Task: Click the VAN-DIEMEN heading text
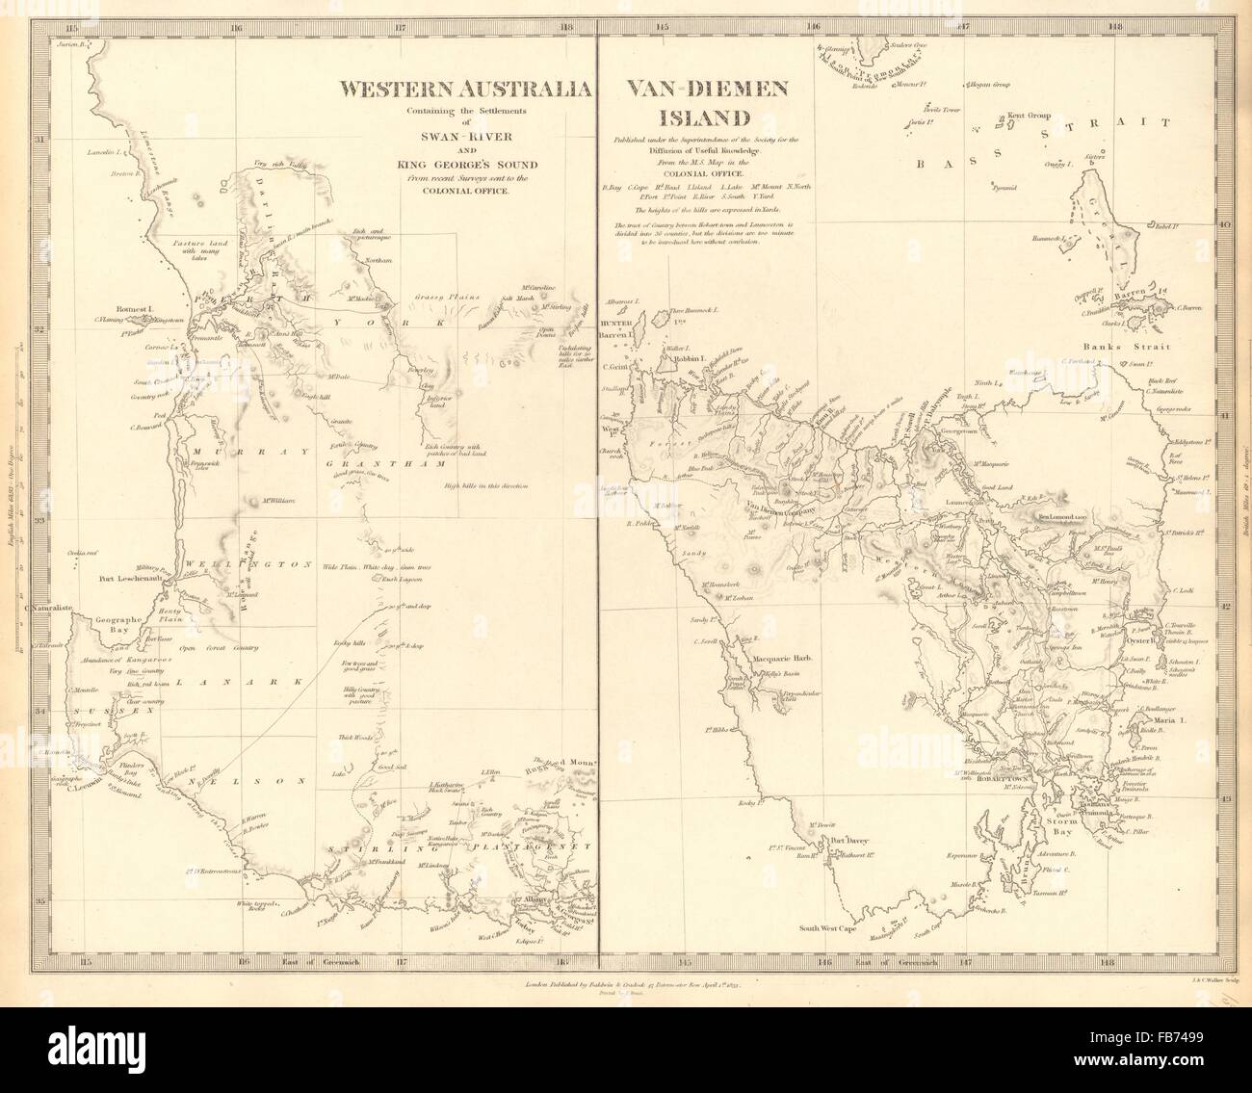pyautogui.click(x=709, y=90)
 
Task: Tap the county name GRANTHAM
pyautogui.click(x=402, y=464)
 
